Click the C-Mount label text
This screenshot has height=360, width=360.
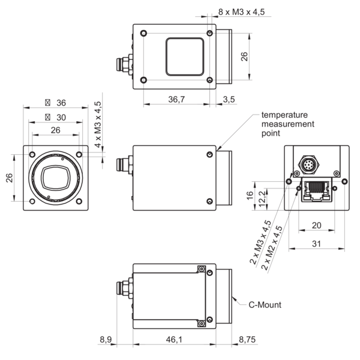(x=265, y=305)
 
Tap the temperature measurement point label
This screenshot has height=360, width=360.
(x=284, y=125)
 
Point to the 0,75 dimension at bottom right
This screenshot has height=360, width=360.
(x=248, y=340)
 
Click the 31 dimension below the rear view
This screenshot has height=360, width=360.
(x=316, y=244)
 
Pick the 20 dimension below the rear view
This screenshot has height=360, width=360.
(x=316, y=225)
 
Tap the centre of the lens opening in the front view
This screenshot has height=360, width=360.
(x=56, y=176)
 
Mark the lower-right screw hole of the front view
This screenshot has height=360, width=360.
(x=80, y=200)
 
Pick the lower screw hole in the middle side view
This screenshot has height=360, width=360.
(x=208, y=201)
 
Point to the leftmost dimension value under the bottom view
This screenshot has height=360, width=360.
(x=106, y=340)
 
